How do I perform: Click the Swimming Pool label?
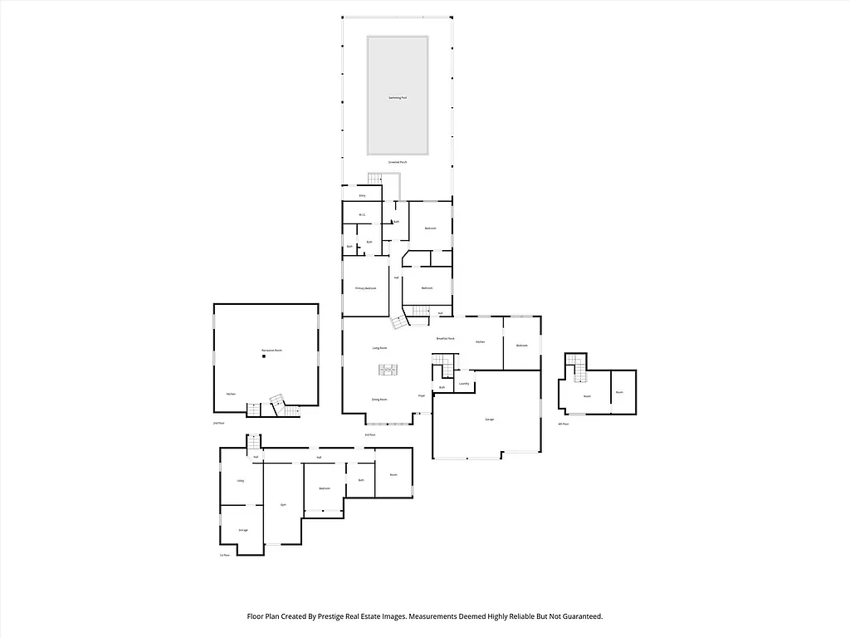pyautogui.click(x=398, y=97)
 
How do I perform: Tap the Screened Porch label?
pyautogui.click(x=398, y=162)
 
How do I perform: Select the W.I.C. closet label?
pyautogui.click(x=362, y=215)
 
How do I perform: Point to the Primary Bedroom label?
pyautogui.click(x=366, y=288)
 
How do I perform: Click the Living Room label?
pyautogui.click(x=379, y=348)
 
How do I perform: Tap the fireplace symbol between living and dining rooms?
pyautogui.click(x=387, y=371)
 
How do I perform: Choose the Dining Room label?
pyautogui.click(x=379, y=400)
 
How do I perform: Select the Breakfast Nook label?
pyautogui.click(x=446, y=339)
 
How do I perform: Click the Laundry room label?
pyautogui.click(x=464, y=384)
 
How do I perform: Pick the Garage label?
pyautogui.click(x=490, y=420)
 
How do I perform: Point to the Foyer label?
pyautogui.click(x=422, y=396)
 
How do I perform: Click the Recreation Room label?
pyautogui.click(x=271, y=351)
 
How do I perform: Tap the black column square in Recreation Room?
pyautogui.click(x=264, y=356)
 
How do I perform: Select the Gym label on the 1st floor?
pyautogui.click(x=282, y=504)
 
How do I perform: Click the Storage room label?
pyautogui.click(x=243, y=529)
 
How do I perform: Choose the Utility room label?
pyautogui.click(x=241, y=480)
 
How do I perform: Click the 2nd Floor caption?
pyautogui.click(x=219, y=423)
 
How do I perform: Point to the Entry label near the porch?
pyautogui.click(x=362, y=195)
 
